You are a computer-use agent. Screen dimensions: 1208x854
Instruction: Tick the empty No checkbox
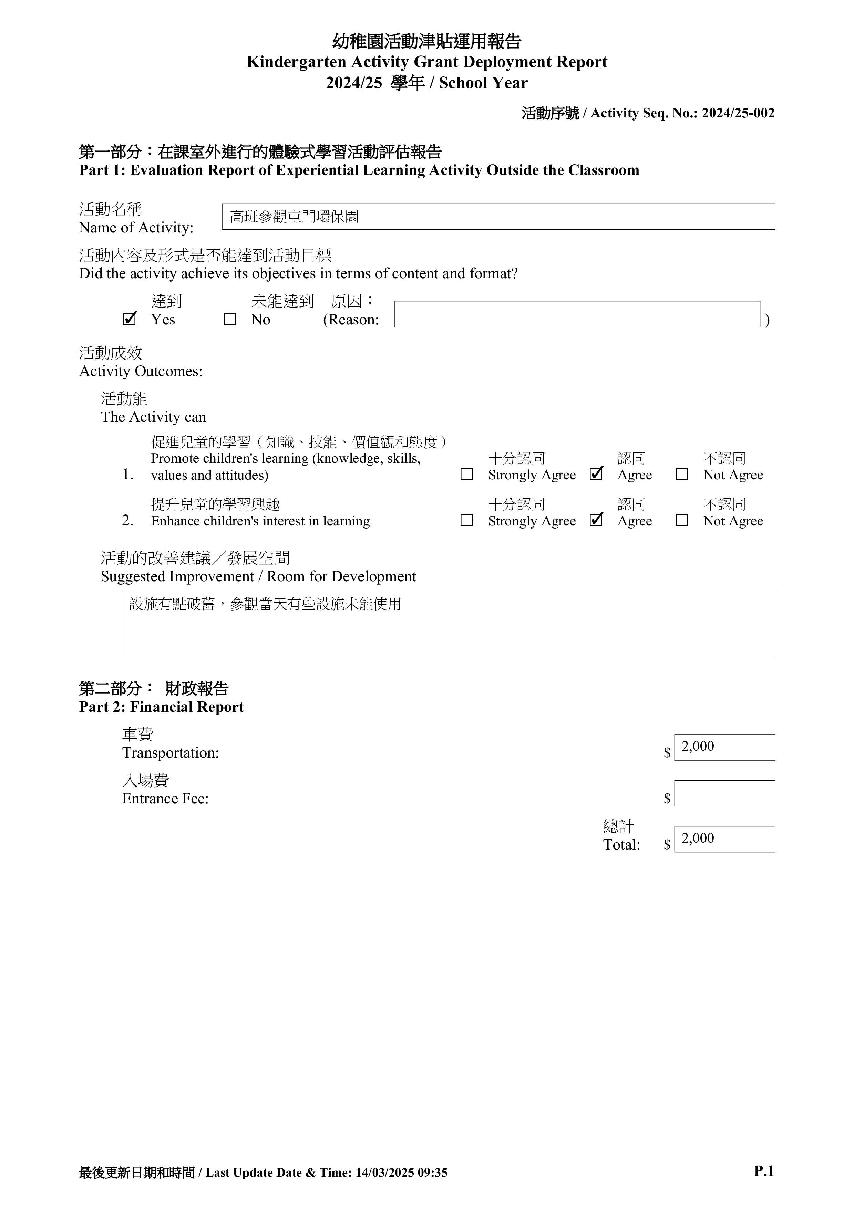230,319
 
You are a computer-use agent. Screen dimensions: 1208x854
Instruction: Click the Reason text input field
577,314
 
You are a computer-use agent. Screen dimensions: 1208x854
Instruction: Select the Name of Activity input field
498,217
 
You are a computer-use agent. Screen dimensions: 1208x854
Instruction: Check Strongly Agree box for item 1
466,475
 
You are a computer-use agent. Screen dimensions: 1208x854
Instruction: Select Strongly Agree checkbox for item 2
466,520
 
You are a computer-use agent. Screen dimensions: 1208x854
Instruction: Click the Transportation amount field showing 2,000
724,747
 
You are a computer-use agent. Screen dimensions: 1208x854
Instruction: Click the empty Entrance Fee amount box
724,793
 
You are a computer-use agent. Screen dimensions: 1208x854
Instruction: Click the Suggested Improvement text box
448,624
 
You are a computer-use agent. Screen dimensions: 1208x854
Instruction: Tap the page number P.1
763,1171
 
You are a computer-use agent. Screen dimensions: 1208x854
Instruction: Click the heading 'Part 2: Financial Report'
162,707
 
